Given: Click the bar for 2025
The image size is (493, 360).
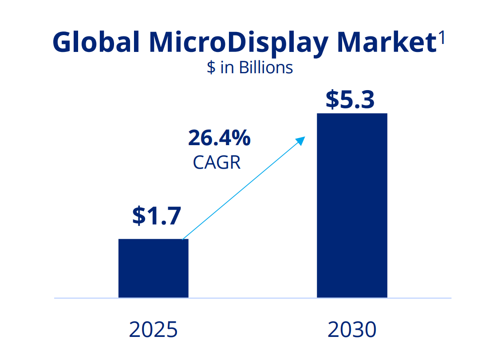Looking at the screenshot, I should (x=154, y=268).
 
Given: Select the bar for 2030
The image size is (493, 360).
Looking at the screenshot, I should (x=352, y=205).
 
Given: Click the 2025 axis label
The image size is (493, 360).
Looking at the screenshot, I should (x=154, y=330).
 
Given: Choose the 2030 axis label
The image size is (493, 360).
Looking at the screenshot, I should (x=352, y=330).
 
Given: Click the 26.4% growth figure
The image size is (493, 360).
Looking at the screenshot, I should (x=219, y=138).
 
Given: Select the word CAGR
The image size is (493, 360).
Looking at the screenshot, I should (x=217, y=162).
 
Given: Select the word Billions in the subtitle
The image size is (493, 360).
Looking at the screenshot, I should (x=266, y=67).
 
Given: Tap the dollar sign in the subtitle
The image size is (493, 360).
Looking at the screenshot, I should (x=211, y=67).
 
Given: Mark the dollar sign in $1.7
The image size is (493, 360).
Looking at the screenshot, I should (x=139, y=216).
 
